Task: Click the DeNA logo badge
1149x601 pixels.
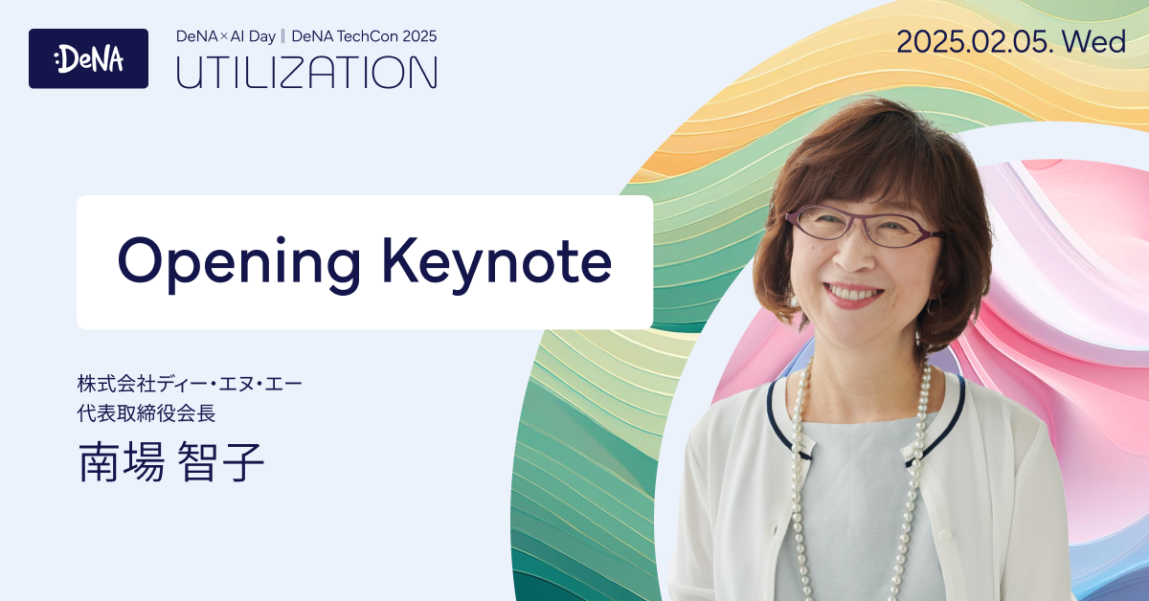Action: click(x=88, y=58)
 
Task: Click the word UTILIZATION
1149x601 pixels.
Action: click(x=306, y=73)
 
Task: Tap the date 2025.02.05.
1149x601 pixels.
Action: click(x=972, y=42)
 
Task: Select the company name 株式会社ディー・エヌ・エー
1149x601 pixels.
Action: click(x=190, y=387)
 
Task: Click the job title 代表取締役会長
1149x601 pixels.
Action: click(x=152, y=414)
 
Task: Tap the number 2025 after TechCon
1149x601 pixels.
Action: click(x=418, y=36)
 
